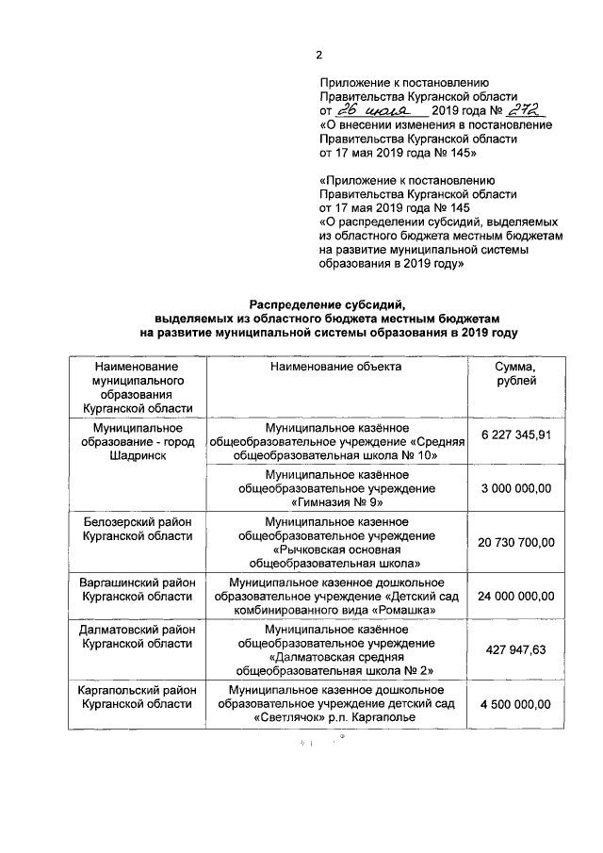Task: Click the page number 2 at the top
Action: [318, 53]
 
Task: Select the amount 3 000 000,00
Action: [516, 488]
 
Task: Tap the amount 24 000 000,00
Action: [516, 596]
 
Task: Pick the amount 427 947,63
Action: [516, 649]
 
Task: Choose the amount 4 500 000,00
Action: [516, 703]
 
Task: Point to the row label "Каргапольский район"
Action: [137, 691]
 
